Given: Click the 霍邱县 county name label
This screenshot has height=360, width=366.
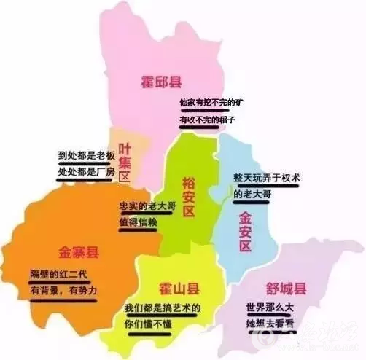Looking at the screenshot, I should [162, 82].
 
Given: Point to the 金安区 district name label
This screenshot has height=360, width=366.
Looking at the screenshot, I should [245, 230].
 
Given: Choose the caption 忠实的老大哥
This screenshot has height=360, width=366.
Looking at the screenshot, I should [148, 206].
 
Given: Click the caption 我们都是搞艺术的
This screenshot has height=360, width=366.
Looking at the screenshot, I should [162, 308].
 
